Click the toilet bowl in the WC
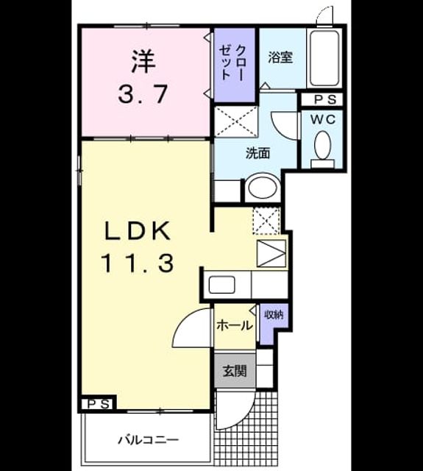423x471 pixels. [x=322, y=145]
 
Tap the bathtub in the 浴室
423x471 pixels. [x=324, y=58]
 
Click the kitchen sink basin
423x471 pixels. [x=221, y=285]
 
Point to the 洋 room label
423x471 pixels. [x=143, y=61]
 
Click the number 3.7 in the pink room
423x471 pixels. [x=142, y=94]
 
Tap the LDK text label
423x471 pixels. [x=138, y=230]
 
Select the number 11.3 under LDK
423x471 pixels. [x=138, y=263]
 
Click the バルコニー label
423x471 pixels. [x=148, y=440]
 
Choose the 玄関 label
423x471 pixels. [x=235, y=371]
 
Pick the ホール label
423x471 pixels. [x=235, y=325]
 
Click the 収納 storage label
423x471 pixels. [x=274, y=314]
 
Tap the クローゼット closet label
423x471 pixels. [x=232, y=63]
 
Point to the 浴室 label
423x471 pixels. [x=280, y=57]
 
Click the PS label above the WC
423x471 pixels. [x=325, y=100]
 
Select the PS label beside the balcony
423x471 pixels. [x=98, y=405]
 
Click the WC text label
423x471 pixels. [x=323, y=119]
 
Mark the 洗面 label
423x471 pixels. [x=258, y=153]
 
